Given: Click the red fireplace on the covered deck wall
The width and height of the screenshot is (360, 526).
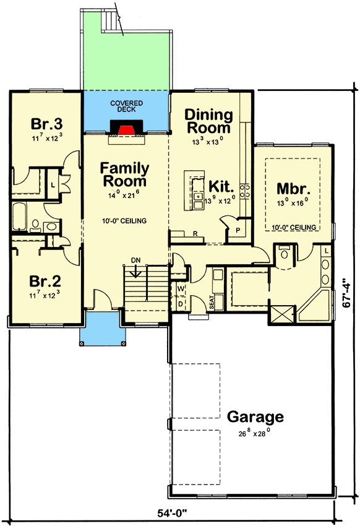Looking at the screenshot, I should coord(126,128).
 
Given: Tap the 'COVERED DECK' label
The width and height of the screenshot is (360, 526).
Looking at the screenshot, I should coord(126,106).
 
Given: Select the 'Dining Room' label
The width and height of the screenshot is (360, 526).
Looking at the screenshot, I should coord(209,121).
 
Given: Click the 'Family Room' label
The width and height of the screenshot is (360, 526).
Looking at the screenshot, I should coord(125,175).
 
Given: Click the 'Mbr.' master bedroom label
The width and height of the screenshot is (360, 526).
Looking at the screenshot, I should coord(293,189).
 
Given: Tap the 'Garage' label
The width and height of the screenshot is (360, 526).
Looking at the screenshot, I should coord(255,416).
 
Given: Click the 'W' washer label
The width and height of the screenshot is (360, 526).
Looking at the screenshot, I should coord(181,288).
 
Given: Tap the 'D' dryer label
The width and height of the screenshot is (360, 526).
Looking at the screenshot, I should coord(181,303).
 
